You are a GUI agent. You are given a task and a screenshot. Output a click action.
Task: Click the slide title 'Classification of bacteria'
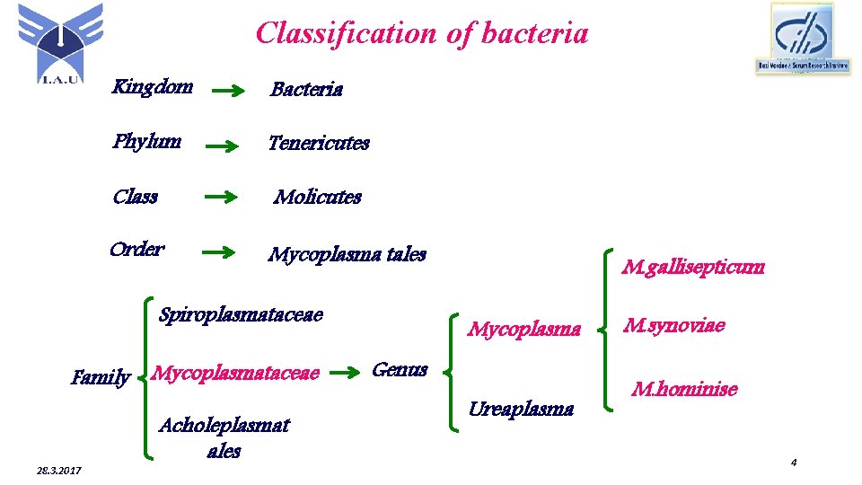422,33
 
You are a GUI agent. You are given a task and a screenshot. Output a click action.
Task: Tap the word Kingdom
152,87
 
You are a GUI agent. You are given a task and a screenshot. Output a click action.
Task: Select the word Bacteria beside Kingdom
306,89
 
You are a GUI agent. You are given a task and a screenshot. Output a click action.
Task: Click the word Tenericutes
319,143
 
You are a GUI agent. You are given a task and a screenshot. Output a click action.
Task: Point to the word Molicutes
318,197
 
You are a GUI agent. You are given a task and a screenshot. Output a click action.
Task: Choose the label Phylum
147,141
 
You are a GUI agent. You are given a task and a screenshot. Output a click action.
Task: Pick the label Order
136,249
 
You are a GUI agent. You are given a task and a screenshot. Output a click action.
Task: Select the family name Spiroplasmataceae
241,314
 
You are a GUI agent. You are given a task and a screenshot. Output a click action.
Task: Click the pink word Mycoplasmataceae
236,373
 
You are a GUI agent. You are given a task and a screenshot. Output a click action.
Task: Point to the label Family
101,378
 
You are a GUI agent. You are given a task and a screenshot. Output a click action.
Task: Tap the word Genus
400,369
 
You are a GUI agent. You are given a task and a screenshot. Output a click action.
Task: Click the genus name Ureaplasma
521,409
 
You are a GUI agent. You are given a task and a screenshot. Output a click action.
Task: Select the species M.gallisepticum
694,266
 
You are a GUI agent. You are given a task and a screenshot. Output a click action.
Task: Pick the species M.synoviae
674,325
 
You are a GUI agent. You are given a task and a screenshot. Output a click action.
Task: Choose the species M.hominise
684,389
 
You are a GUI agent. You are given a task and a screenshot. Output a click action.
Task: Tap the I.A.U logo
60,43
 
